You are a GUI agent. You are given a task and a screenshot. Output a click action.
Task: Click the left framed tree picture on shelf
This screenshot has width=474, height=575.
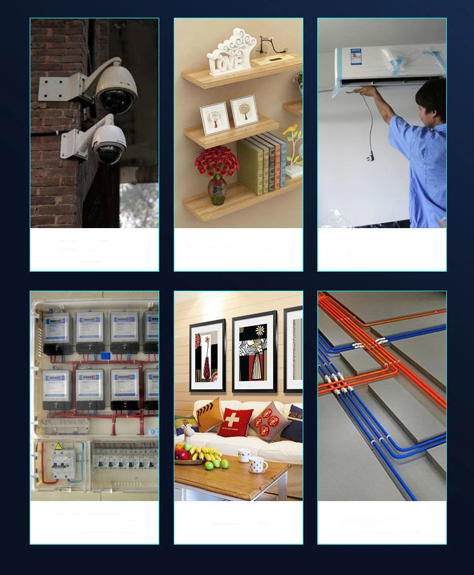(214, 118)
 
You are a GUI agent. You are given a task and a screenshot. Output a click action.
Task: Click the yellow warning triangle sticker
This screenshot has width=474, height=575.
(59, 446)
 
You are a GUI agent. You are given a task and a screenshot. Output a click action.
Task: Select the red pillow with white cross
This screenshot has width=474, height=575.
(235, 421)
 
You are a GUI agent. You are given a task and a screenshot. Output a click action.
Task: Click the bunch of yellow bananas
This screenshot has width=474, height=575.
(206, 453)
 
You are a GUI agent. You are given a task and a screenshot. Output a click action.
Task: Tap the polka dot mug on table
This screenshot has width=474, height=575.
(258, 465)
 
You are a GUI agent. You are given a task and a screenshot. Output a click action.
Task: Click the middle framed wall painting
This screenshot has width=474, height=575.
(254, 352)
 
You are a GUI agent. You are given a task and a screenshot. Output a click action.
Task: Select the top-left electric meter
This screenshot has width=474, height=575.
(57, 332)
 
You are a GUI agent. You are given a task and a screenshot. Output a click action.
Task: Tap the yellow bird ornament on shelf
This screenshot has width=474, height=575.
(291, 130)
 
